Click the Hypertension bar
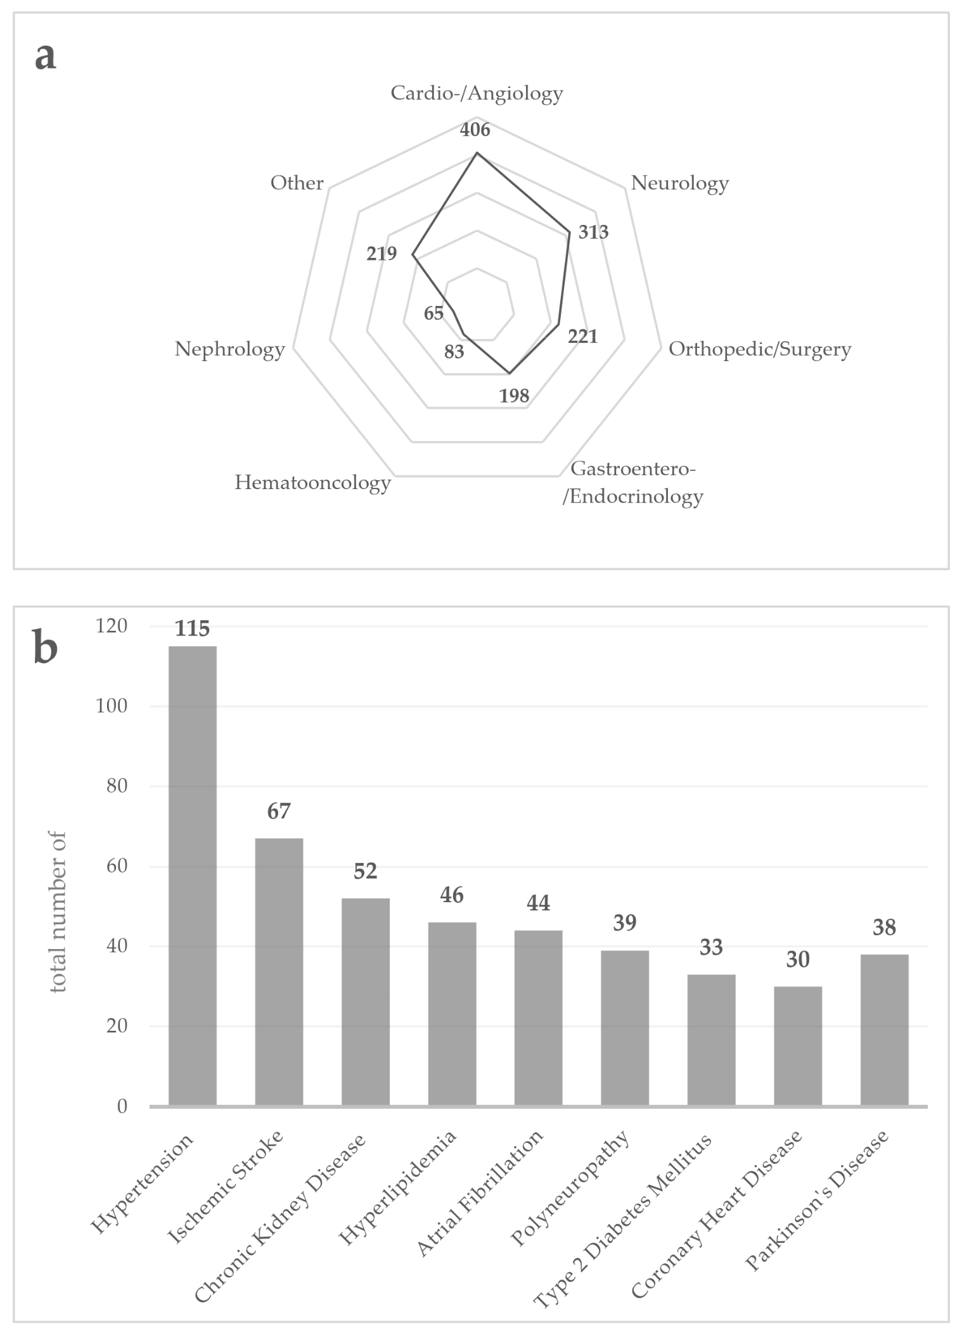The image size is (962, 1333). click(192, 876)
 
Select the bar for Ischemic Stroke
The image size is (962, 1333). click(279, 972)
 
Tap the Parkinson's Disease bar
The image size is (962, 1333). click(884, 1030)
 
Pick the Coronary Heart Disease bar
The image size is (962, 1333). click(798, 1046)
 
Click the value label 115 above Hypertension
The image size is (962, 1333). click(192, 628)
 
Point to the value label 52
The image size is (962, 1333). click(365, 871)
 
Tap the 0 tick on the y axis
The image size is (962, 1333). click(122, 1106)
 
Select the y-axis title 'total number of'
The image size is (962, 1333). click(58, 912)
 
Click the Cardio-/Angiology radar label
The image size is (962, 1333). click(477, 93)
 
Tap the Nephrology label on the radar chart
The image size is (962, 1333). click(229, 349)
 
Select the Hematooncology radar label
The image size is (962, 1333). click(312, 483)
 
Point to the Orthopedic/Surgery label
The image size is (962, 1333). click(759, 349)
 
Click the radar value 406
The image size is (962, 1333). click(475, 130)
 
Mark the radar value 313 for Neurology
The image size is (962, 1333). click(593, 232)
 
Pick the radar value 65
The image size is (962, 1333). click(433, 313)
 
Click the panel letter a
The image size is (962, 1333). click(45, 56)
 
